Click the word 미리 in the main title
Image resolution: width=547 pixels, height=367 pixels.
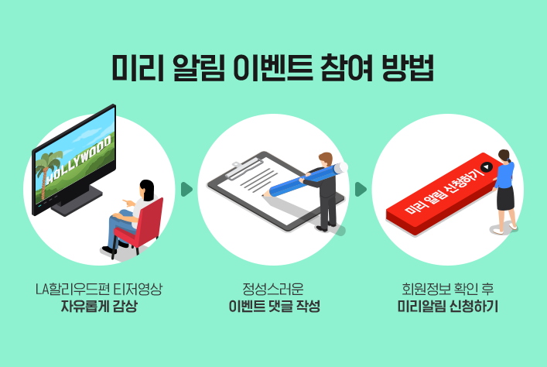138,67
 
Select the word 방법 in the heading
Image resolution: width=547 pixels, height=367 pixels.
408,67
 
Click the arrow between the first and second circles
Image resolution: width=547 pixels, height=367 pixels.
186,189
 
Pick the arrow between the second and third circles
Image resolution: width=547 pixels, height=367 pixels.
361,189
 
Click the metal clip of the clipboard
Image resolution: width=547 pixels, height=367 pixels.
244,167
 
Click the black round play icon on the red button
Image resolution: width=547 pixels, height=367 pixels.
487,167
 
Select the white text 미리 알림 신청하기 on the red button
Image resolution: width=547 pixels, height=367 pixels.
444,190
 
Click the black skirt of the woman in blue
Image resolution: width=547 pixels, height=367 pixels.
505,198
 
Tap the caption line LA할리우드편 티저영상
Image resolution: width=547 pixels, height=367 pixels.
99,289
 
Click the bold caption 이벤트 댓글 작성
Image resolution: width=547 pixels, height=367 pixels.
274,307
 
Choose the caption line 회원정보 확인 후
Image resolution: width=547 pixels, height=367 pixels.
447,289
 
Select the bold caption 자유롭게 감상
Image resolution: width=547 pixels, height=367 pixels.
99,307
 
